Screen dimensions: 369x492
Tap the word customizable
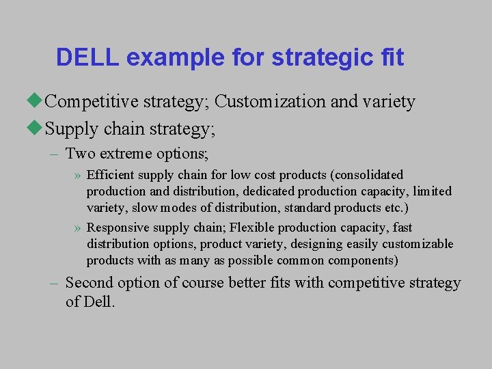[x=418, y=244]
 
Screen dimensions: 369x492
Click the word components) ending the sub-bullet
[x=363, y=260]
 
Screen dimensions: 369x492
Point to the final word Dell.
[x=100, y=301]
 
